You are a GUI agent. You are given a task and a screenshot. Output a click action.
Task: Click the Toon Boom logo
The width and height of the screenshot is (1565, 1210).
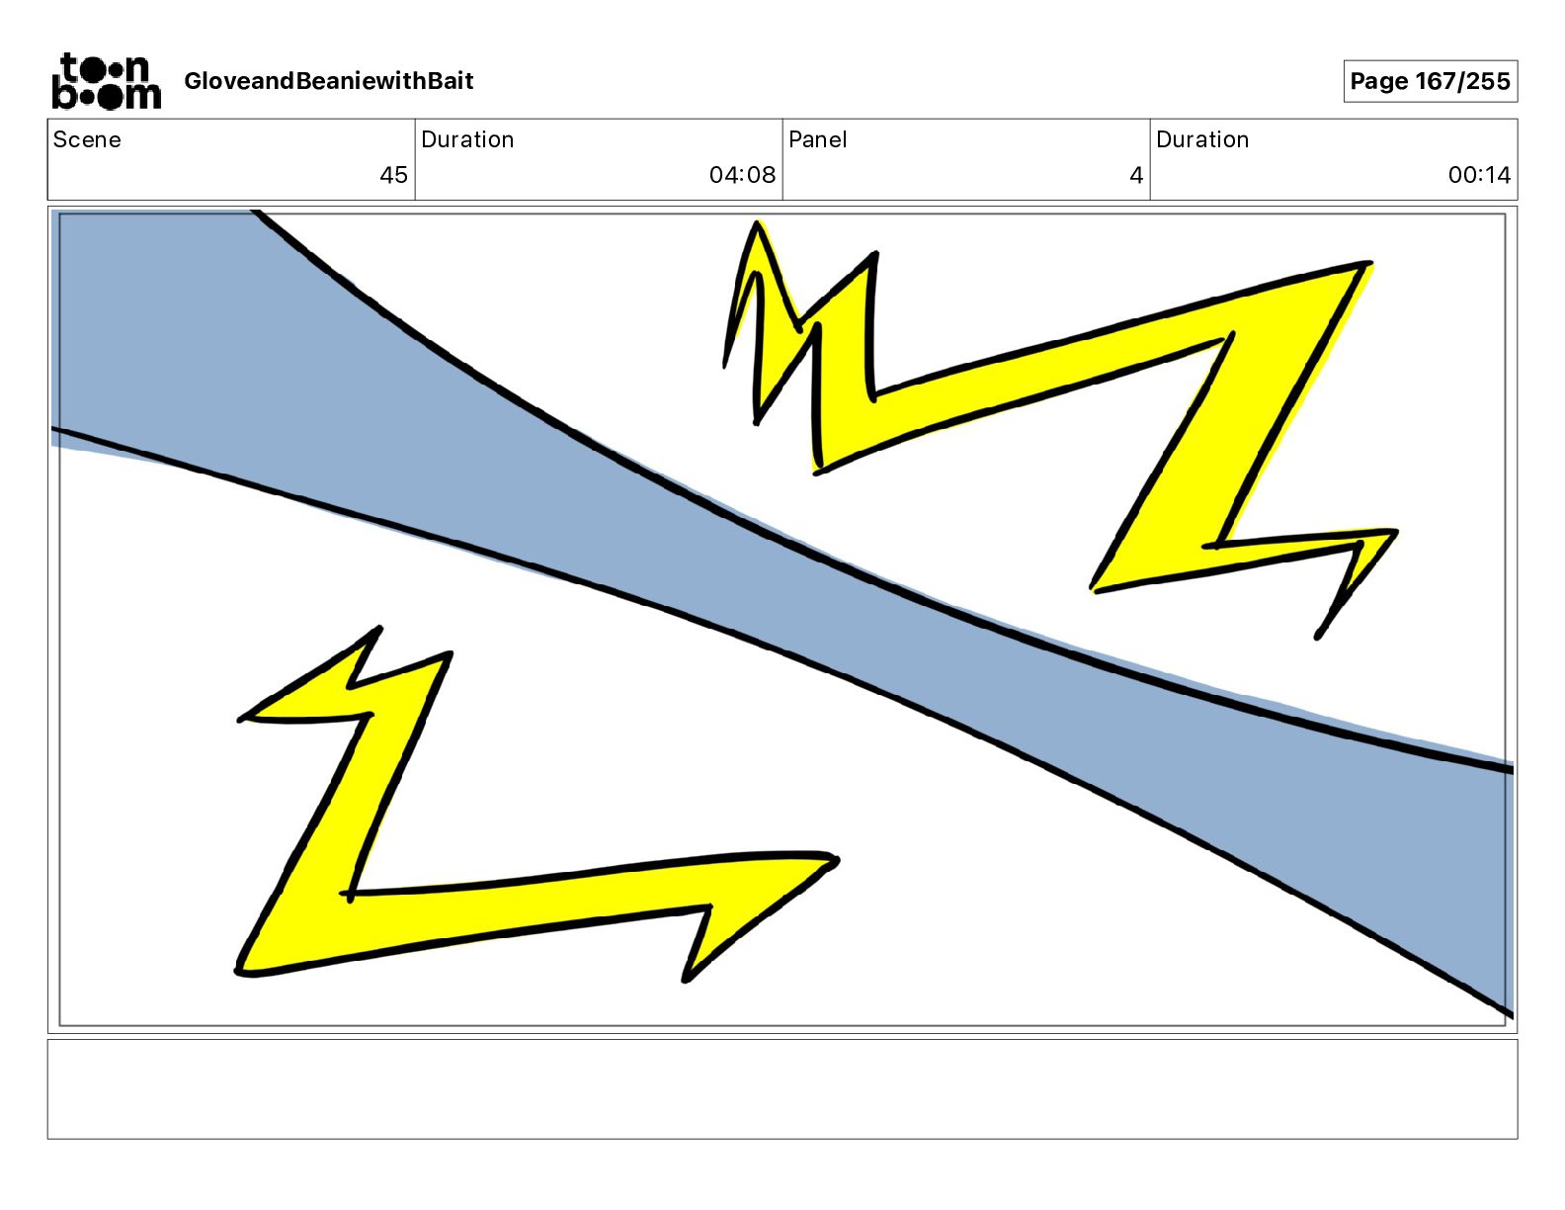(106, 81)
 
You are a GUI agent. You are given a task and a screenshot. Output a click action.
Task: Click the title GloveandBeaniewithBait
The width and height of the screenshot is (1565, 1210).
(328, 81)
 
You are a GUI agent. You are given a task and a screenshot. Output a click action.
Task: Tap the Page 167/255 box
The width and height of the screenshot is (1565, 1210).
(1430, 81)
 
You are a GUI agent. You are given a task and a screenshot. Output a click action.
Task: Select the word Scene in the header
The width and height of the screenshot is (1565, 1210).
(87, 139)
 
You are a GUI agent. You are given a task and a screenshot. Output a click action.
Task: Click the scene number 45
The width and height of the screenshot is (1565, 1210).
(393, 175)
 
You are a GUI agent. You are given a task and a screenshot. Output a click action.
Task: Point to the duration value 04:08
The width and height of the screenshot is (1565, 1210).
(742, 175)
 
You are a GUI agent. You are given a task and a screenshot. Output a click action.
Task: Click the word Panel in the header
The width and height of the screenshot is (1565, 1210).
(817, 139)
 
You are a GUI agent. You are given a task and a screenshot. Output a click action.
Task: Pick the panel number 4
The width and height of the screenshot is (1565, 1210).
(1136, 175)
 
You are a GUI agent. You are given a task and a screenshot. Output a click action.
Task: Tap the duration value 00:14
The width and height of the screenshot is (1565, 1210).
(1479, 175)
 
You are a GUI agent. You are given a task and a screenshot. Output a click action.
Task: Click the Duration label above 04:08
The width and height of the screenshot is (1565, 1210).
(467, 139)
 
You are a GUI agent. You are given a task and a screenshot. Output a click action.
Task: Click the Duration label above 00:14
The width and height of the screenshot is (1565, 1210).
(1202, 139)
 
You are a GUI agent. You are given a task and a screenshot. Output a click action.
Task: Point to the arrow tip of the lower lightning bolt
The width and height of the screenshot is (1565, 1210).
(835, 861)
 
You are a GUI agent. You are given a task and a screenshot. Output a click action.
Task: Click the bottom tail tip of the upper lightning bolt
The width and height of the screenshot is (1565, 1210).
(1318, 636)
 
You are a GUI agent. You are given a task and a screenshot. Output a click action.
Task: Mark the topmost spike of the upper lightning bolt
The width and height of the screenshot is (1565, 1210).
(758, 224)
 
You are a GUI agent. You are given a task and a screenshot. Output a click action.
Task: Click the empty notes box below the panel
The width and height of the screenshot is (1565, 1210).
(782, 1088)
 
